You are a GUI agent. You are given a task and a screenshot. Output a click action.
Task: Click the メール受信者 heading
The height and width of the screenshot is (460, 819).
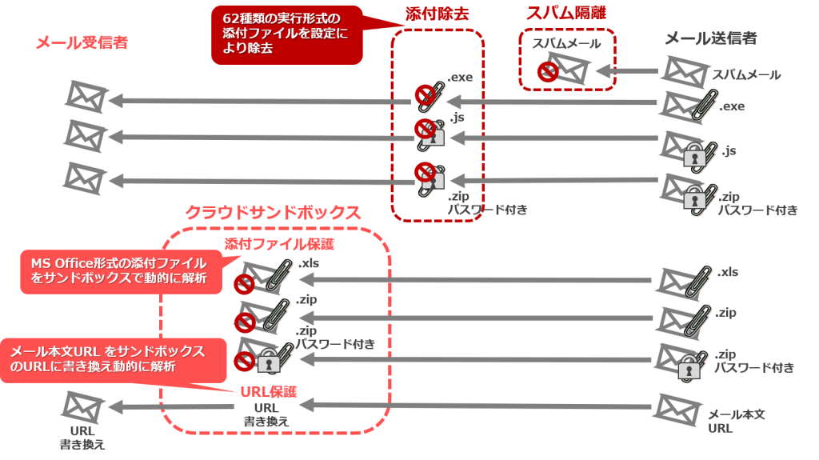[82, 43]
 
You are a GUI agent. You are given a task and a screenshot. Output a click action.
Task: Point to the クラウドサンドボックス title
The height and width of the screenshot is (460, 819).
[273, 212]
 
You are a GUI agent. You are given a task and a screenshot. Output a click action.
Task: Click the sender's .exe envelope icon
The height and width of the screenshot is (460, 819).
[683, 105]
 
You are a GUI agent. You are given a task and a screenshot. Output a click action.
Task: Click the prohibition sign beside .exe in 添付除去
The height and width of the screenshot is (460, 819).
[423, 96]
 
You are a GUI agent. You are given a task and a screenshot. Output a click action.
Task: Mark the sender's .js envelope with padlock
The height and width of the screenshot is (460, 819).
[683, 147]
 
